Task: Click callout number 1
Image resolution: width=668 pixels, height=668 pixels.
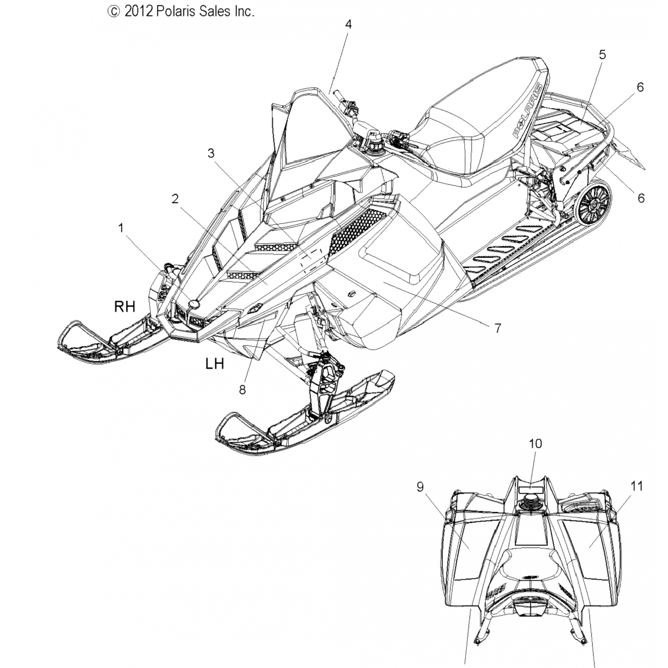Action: click(120, 228)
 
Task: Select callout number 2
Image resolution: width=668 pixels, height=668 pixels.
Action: click(175, 199)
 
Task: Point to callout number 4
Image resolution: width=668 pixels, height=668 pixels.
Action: click(348, 24)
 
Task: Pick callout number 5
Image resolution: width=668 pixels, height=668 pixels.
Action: click(602, 55)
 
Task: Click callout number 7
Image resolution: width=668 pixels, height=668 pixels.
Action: click(497, 328)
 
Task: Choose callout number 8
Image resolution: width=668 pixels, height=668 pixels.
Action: click(242, 390)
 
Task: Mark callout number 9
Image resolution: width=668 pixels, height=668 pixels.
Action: click(420, 487)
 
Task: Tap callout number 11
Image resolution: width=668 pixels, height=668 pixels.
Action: click(637, 486)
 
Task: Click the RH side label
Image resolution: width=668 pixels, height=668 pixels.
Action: click(125, 306)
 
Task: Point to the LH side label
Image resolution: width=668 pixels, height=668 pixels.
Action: click(214, 364)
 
